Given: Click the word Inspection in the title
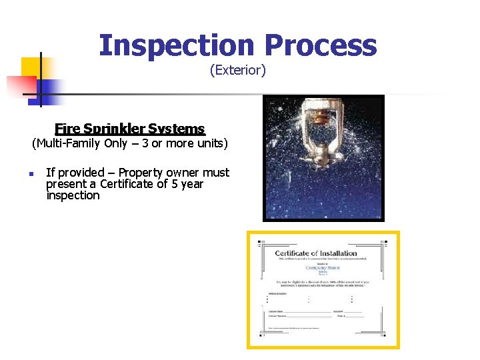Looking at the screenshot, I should click(177, 46).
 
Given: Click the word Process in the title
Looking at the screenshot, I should click(320, 46).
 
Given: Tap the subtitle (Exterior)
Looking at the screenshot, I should click(237, 70).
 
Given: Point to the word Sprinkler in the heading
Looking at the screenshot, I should click(115, 129).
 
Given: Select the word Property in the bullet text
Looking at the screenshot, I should click(141, 173).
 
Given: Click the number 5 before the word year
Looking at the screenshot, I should click(175, 184).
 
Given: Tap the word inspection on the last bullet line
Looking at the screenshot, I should click(73, 195).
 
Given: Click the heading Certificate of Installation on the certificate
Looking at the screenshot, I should click(316, 253).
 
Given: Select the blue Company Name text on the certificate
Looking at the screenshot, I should click(323, 268).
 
